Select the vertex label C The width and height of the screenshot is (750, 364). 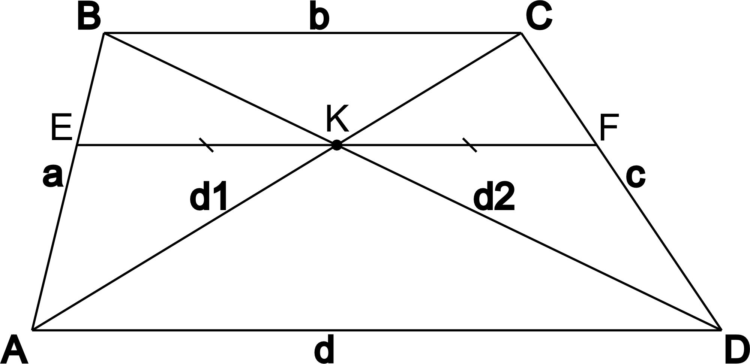pos(539,17)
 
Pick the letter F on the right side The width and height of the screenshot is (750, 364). pos(608,128)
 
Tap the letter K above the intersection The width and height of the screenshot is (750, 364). pos(337,119)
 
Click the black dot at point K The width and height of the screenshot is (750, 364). pos(336,145)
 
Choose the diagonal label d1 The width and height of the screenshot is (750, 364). pos(208,198)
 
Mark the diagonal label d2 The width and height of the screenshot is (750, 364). pos(494,198)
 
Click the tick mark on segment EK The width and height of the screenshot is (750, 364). pos(206,145)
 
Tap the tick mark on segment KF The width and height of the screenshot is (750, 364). pos(470,145)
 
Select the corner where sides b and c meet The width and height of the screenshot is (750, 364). pos(521,33)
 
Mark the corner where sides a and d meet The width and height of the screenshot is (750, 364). pos(33,330)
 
